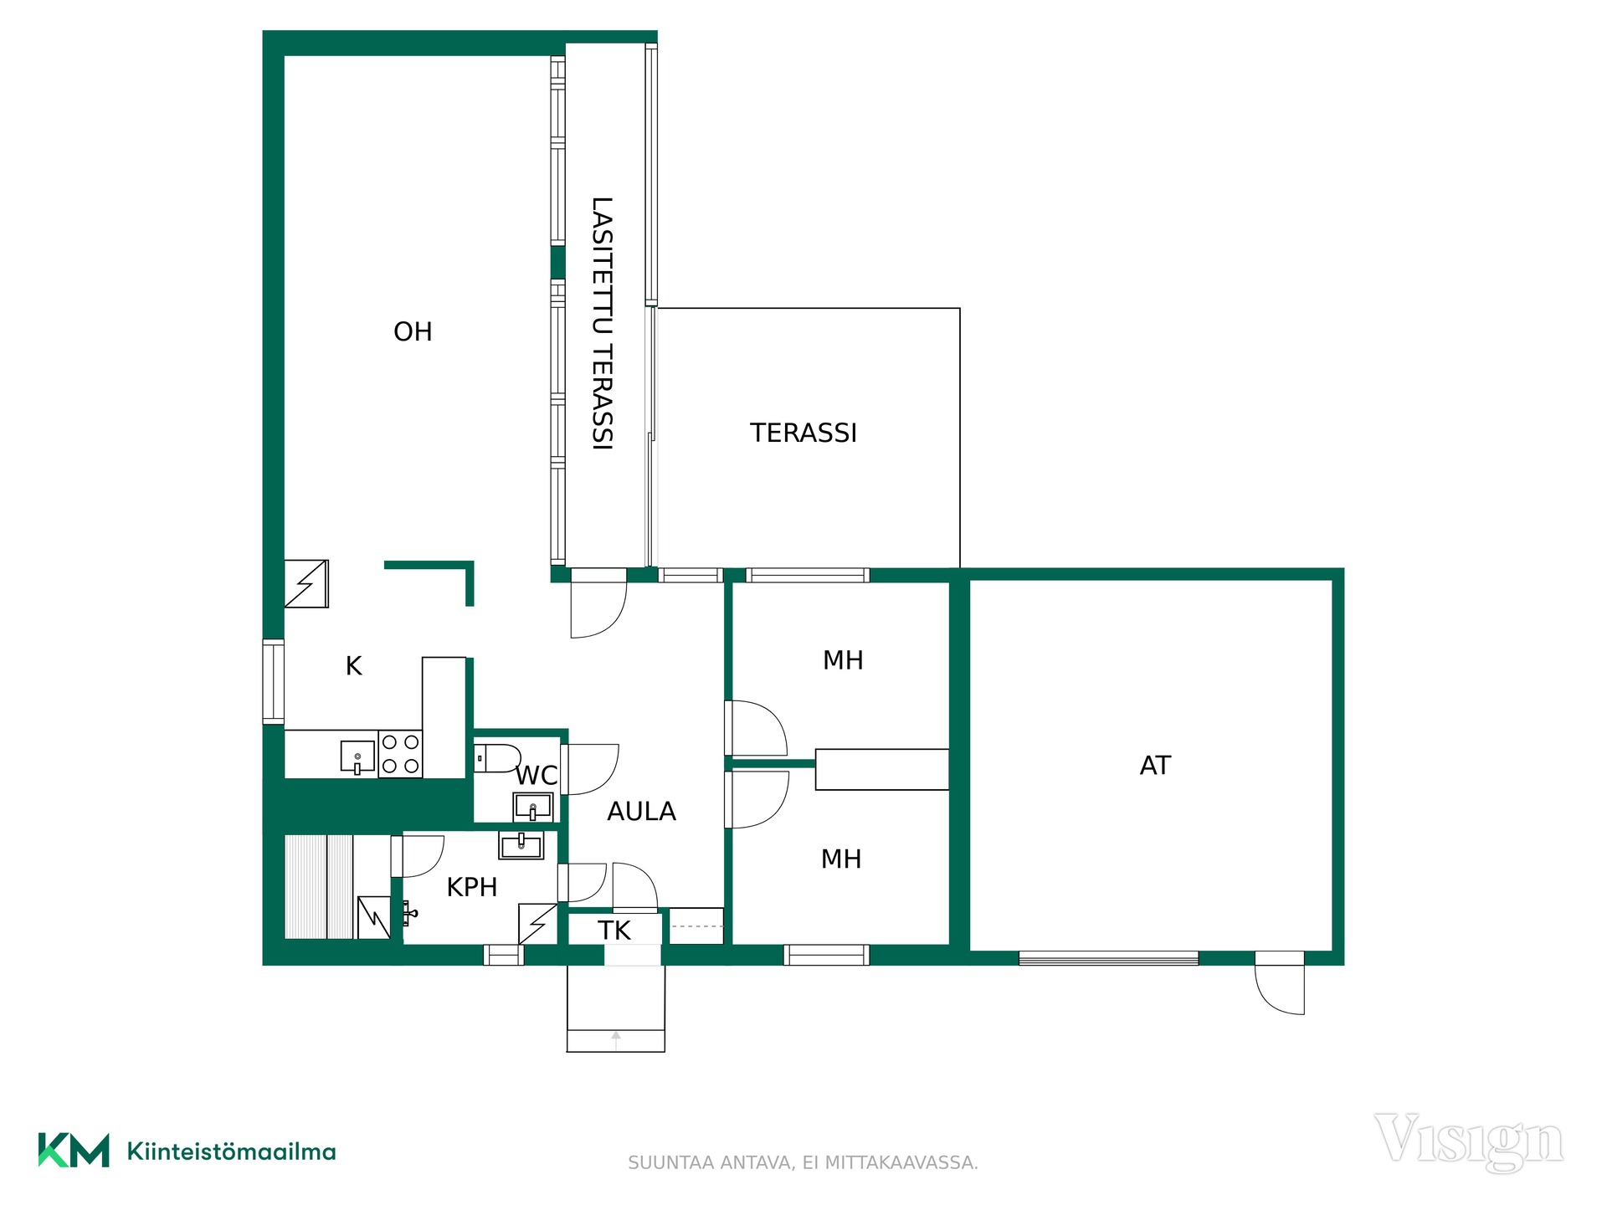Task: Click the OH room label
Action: point(413,331)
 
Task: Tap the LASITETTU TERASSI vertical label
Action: point(603,323)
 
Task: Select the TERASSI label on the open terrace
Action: point(803,433)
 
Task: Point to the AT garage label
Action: point(1155,765)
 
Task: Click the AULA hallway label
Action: point(641,811)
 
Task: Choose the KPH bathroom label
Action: point(472,887)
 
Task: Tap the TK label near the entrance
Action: point(614,931)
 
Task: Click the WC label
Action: point(537,776)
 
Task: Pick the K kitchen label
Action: point(354,666)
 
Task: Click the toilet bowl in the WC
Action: point(497,758)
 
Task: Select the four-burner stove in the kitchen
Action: point(400,754)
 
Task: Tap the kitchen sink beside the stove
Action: point(357,756)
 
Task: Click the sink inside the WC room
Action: point(532,808)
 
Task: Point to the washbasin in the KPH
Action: point(521,845)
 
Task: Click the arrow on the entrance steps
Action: point(616,1040)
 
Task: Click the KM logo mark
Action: point(74,1150)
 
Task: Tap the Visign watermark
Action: point(1468,1141)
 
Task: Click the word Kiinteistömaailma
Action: point(231,1151)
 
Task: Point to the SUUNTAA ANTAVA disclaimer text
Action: point(803,1162)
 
